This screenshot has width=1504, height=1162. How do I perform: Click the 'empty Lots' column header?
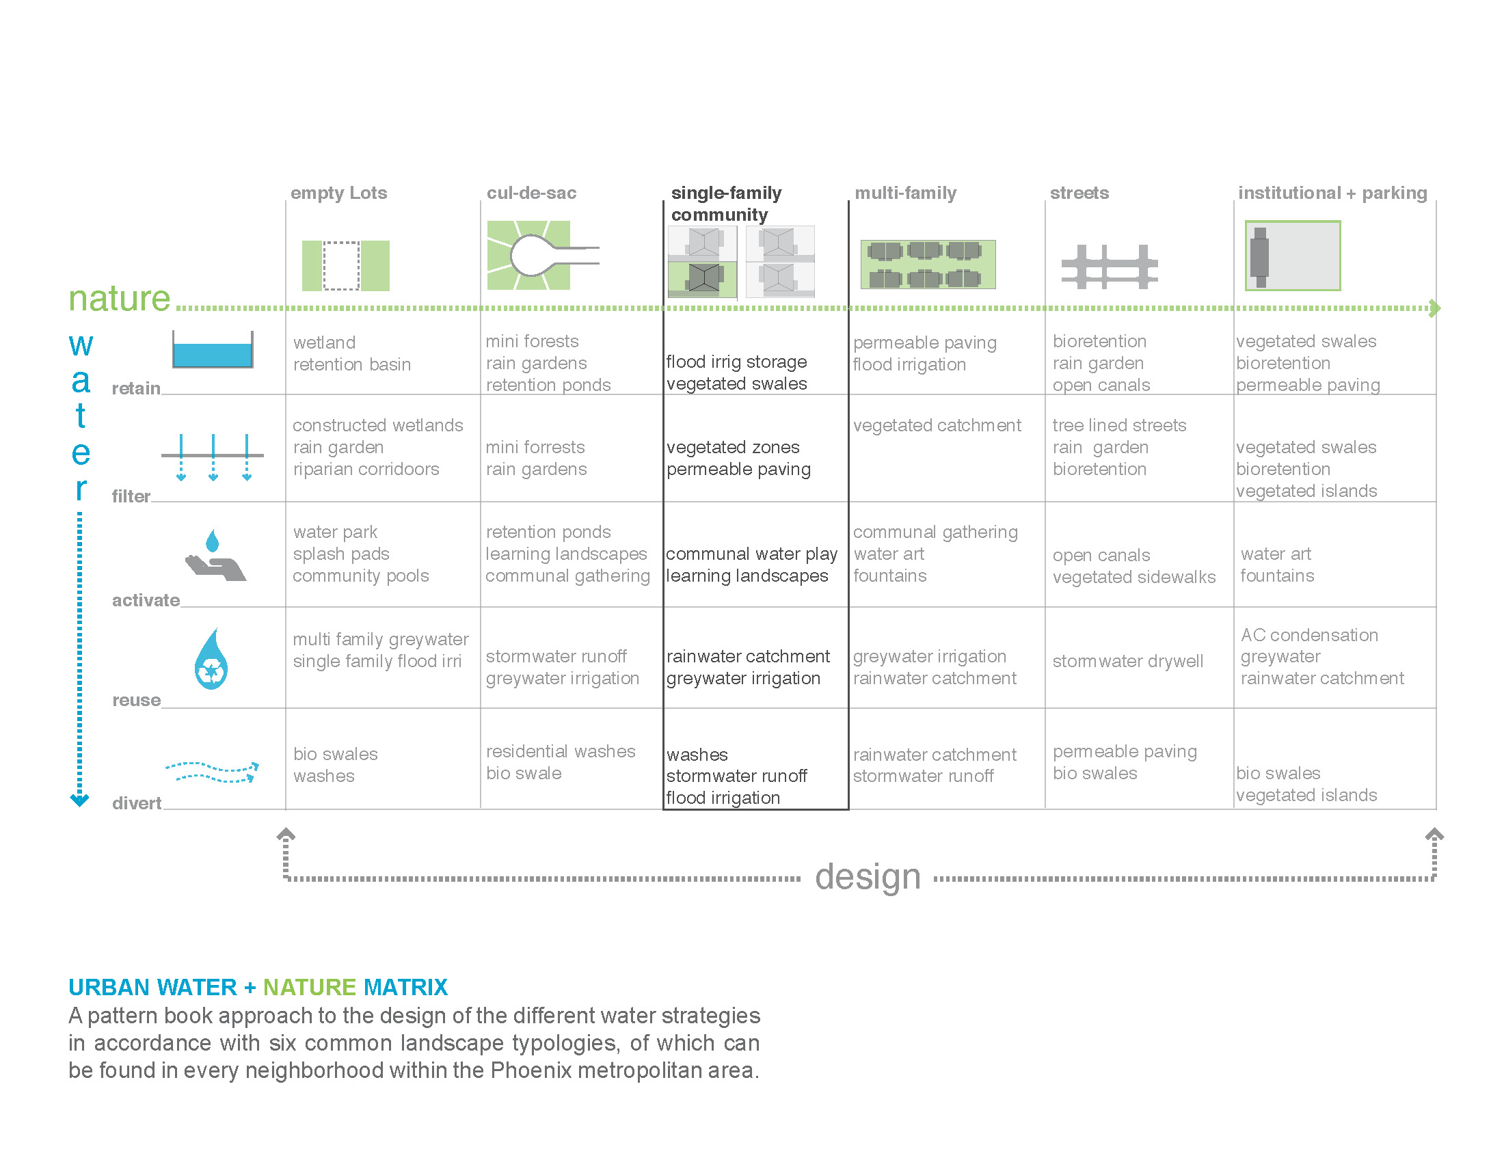point(338,193)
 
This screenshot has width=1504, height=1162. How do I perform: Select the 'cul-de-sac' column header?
point(531,193)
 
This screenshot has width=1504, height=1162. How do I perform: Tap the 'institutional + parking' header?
point(1332,193)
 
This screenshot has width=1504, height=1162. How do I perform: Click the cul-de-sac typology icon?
point(543,256)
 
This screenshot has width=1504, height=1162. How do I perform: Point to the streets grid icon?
point(1109,267)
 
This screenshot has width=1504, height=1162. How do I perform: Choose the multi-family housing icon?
point(928,265)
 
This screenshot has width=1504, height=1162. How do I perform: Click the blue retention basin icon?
point(213,350)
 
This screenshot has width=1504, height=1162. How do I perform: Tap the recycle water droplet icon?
point(211,659)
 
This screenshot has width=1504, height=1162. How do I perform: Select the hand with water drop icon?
point(215,555)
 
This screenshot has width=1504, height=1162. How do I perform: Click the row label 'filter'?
point(131,496)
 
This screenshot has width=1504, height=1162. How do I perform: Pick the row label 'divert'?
point(136,803)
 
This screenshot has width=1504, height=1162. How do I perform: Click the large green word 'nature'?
point(119,299)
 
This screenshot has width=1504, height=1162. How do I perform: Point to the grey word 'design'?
point(868,878)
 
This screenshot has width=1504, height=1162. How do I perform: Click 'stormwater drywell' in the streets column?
point(1127,662)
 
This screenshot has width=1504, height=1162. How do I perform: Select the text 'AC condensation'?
point(1309,635)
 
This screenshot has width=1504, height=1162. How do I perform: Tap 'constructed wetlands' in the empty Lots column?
point(377,425)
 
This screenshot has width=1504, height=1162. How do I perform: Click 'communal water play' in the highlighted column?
point(751,554)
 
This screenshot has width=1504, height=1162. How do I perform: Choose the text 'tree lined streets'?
point(1119,425)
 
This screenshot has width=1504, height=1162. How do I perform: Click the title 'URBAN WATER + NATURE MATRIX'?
point(258,987)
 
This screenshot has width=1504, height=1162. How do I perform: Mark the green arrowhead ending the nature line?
point(1435,308)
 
